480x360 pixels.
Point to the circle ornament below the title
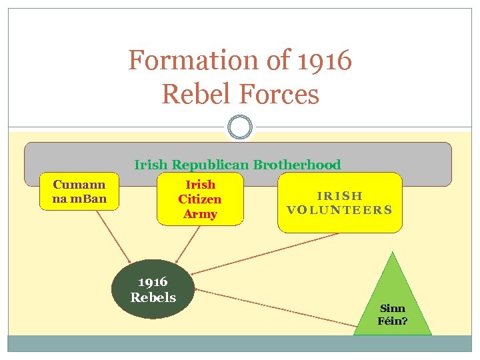pos(240,127)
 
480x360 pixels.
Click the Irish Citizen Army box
pos(199,199)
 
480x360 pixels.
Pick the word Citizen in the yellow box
pos(199,199)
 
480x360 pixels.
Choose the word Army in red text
pos(200,214)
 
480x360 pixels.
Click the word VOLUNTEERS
pos(339,209)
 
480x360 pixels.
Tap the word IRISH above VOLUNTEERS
pos(339,196)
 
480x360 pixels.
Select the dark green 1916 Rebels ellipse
pos(153,289)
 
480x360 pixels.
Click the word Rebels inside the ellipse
pos(153,297)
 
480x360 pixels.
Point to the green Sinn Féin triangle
pos(393,303)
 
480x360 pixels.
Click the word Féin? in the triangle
pos(393,321)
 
